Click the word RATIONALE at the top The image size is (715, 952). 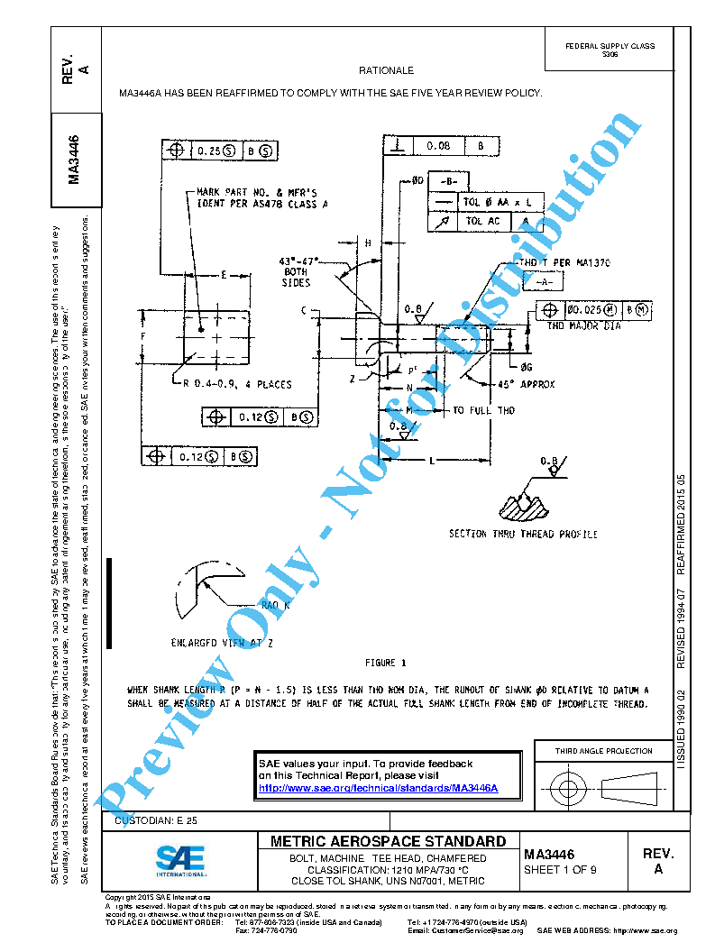pos(386,70)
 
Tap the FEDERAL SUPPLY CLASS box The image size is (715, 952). pos(610,50)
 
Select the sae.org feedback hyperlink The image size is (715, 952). pos(378,788)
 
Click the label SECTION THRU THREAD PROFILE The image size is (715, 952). pos(523,535)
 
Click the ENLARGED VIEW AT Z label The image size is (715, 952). pos(222,644)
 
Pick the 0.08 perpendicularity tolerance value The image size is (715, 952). pos(439,145)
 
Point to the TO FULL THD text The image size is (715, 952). pos(484,410)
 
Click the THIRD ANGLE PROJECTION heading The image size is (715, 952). pos(603,751)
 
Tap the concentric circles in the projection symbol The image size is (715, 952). pos(567,790)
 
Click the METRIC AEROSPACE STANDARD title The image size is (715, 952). pos(388,841)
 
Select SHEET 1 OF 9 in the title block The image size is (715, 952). pos(560,870)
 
